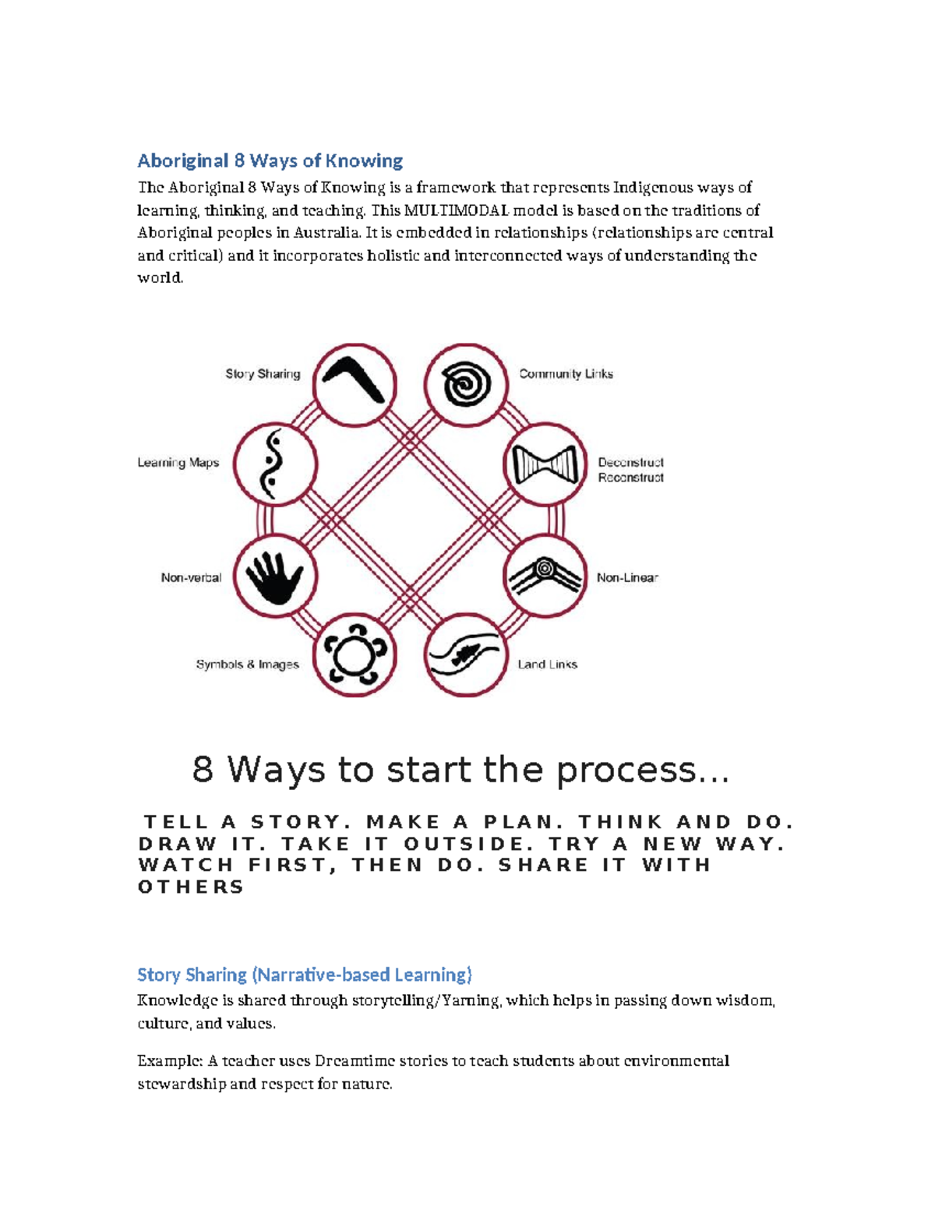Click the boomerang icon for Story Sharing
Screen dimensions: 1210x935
355,384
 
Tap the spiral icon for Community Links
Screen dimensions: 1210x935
466,385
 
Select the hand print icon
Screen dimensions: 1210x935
274,577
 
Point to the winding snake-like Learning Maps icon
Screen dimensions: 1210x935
274,464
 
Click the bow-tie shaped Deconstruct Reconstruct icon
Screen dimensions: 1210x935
545,465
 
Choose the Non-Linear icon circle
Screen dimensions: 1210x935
545,577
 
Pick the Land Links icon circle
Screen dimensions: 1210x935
465,654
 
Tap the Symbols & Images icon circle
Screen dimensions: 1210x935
355,654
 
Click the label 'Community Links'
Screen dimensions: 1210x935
566,374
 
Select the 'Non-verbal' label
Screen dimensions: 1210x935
191,577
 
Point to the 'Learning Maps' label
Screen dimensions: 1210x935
178,463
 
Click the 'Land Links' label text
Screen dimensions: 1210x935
547,665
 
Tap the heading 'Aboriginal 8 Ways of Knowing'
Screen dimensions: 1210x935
270,161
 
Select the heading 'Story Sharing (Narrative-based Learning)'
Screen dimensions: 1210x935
305,975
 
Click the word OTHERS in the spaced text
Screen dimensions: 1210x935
191,887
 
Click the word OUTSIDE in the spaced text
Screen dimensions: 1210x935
464,844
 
